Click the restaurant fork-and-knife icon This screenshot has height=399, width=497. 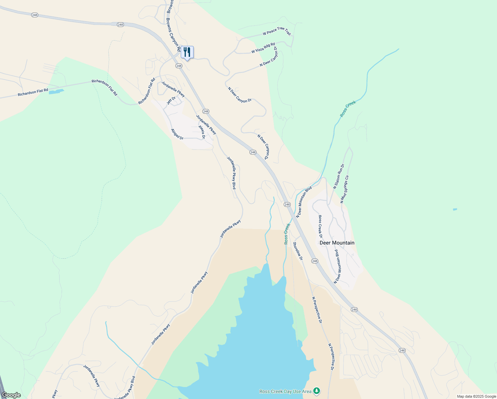pos(187,53)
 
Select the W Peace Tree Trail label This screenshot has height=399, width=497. pos(276,31)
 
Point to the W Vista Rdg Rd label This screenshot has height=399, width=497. pos(263,48)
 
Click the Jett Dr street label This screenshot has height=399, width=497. pos(171,100)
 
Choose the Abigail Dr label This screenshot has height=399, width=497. pos(177,134)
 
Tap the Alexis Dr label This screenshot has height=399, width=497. pos(202,132)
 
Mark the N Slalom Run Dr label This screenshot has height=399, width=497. pos(339,177)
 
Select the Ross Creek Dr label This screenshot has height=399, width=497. pos(320,226)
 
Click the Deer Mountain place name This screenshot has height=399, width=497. pos(337,243)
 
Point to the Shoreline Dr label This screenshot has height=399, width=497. pos(298,251)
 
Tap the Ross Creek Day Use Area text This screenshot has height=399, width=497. pos(285,391)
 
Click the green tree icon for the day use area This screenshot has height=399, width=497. pos(317,391)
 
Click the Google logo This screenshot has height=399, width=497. pos(11,395)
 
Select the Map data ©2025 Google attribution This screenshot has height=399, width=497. pos(476,396)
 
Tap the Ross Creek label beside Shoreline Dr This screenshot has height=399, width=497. pos(287,234)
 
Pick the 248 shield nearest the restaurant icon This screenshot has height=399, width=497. pos(179,66)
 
